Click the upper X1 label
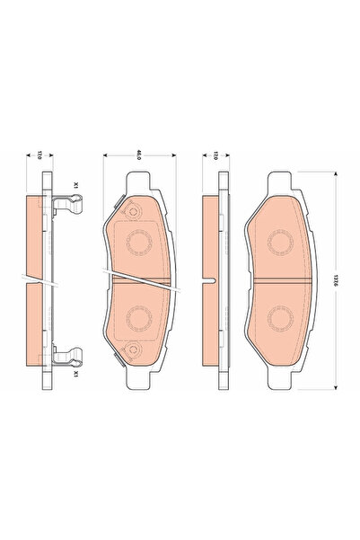click(x=77, y=184)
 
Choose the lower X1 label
click(x=77, y=369)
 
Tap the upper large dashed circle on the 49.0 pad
click(x=138, y=240)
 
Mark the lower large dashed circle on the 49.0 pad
click(x=138, y=317)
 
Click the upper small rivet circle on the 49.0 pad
click(x=132, y=213)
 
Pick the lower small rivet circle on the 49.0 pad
click(x=132, y=350)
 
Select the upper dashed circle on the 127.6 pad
click(x=284, y=240)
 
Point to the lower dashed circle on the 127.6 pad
click(x=284, y=317)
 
